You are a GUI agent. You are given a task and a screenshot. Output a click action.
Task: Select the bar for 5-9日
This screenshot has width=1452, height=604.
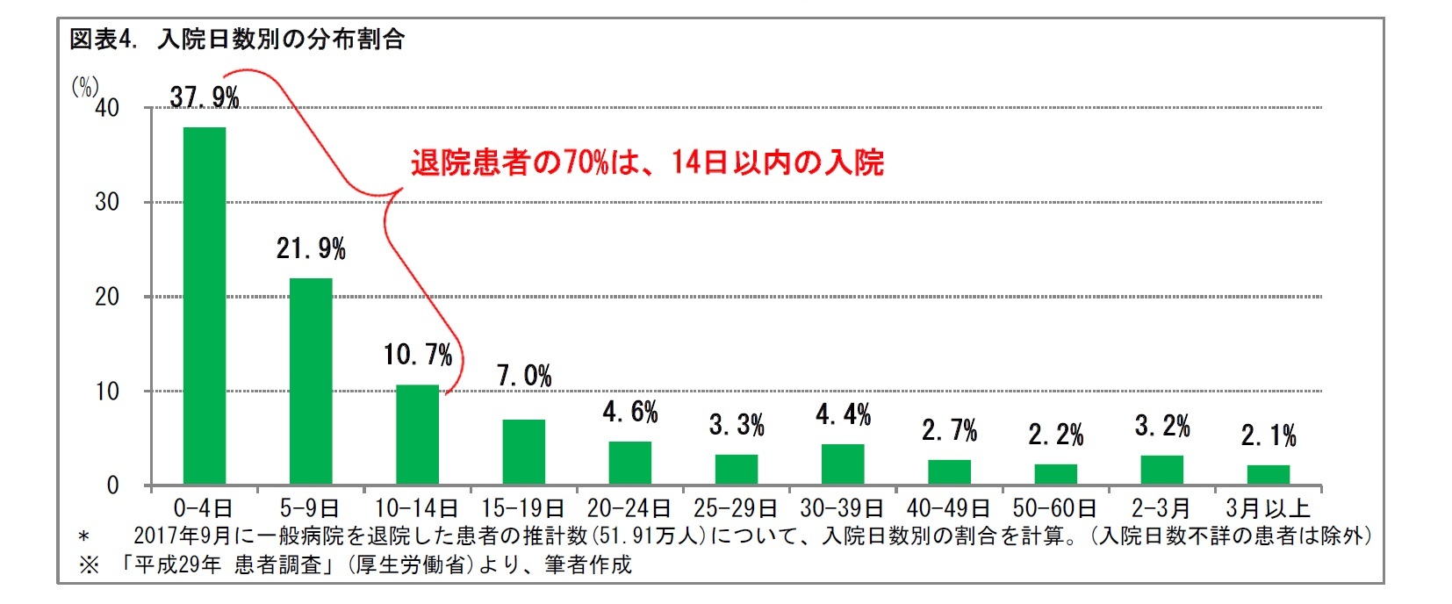click(x=311, y=381)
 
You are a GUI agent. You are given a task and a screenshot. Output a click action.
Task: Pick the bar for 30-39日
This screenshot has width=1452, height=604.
click(x=843, y=464)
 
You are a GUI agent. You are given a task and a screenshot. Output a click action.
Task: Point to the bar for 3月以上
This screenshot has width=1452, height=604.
click(x=1269, y=474)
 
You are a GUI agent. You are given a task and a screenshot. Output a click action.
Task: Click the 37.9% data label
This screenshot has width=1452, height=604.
click(x=205, y=97)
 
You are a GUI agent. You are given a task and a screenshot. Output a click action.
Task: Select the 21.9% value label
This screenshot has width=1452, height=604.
click(x=311, y=249)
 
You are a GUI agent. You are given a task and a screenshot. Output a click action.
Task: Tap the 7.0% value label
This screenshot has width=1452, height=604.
click(x=524, y=376)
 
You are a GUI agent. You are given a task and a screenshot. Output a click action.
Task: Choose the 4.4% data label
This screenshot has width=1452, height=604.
click(x=843, y=414)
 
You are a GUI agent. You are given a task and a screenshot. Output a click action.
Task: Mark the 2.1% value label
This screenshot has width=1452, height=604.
click(x=1269, y=435)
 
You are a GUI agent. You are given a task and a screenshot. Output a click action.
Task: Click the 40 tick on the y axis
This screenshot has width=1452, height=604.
click(x=107, y=108)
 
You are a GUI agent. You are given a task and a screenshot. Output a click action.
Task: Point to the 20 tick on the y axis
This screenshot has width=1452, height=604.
click(x=107, y=297)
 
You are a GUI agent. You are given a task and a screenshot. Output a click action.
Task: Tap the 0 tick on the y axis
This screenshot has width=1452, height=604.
click(x=112, y=485)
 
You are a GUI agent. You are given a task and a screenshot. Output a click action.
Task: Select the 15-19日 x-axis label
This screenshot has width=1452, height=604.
click(x=523, y=508)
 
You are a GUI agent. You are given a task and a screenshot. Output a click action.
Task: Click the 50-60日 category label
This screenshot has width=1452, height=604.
click(x=1054, y=508)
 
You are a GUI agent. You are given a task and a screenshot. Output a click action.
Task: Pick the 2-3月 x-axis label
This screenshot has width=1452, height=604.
click(x=1161, y=508)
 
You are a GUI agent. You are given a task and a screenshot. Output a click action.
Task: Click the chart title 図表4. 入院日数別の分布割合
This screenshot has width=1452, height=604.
click(x=237, y=40)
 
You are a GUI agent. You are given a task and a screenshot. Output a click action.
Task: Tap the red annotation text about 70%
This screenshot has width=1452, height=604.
click(x=647, y=162)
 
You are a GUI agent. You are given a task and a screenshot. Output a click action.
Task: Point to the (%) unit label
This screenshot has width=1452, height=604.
click(x=84, y=86)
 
